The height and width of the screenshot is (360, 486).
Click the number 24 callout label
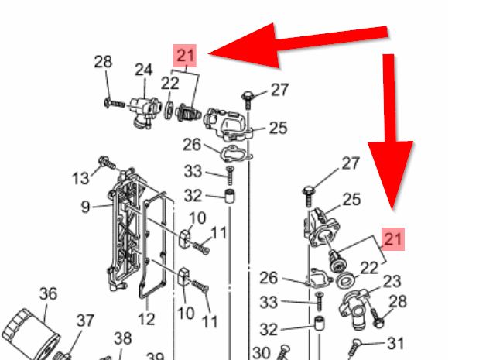pyautogui.click(x=143, y=70)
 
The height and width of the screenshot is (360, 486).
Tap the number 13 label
pyautogui.click(x=80, y=178)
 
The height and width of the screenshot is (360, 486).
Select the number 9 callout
pyautogui.click(x=85, y=207)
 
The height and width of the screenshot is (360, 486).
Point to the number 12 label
pyautogui.click(x=146, y=319)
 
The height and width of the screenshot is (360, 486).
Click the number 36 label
pyautogui.click(x=48, y=293)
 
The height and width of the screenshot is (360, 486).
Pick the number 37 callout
pyautogui.click(x=85, y=321)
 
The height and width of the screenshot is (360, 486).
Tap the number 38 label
pyautogui.click(x=123, y=338)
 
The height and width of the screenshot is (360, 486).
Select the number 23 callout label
pyautogui.click(x=392, y=282)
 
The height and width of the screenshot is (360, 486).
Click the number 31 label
pyautogui.click(x=395, y=343)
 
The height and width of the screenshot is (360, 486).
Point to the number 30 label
pyautogui.click(x=262, y=352)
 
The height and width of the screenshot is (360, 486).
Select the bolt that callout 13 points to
pyautogui.click(x=107, y=163)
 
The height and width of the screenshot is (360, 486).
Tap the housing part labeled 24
pyautogui.click(x=145, y=111)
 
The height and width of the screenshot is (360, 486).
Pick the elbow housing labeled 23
pyautogui.click(x=354, y=310)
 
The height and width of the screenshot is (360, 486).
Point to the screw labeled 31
pyautogui.click(x=354, y=348)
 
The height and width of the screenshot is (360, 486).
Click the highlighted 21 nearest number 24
pyautogui.click(x=185, y=56)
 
